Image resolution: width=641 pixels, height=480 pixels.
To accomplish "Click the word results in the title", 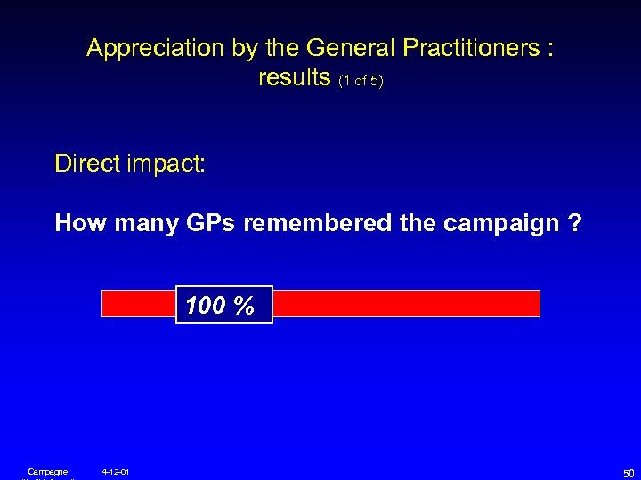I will [x=295, y=78].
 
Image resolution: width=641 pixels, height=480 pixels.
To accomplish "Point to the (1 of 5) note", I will [x=360, y=81].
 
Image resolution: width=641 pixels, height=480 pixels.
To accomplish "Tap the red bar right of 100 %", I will [x=406, y=304].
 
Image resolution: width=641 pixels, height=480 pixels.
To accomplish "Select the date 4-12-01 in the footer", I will [x=116, y=471].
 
